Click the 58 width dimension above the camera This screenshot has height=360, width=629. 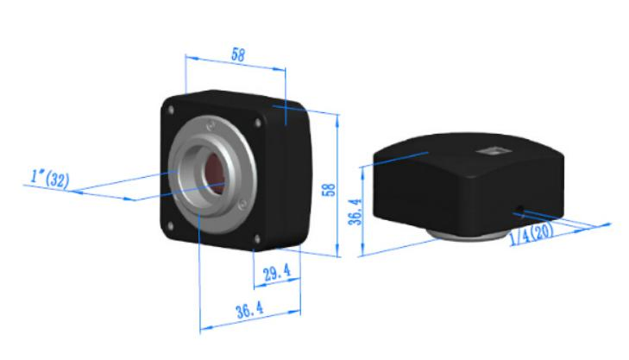point(237,54)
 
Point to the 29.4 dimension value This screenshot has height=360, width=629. point(275,274)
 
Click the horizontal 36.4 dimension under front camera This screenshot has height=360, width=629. point(249,313)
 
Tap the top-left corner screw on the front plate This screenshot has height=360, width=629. point(173,109)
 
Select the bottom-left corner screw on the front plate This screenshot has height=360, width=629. point(170,226)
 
